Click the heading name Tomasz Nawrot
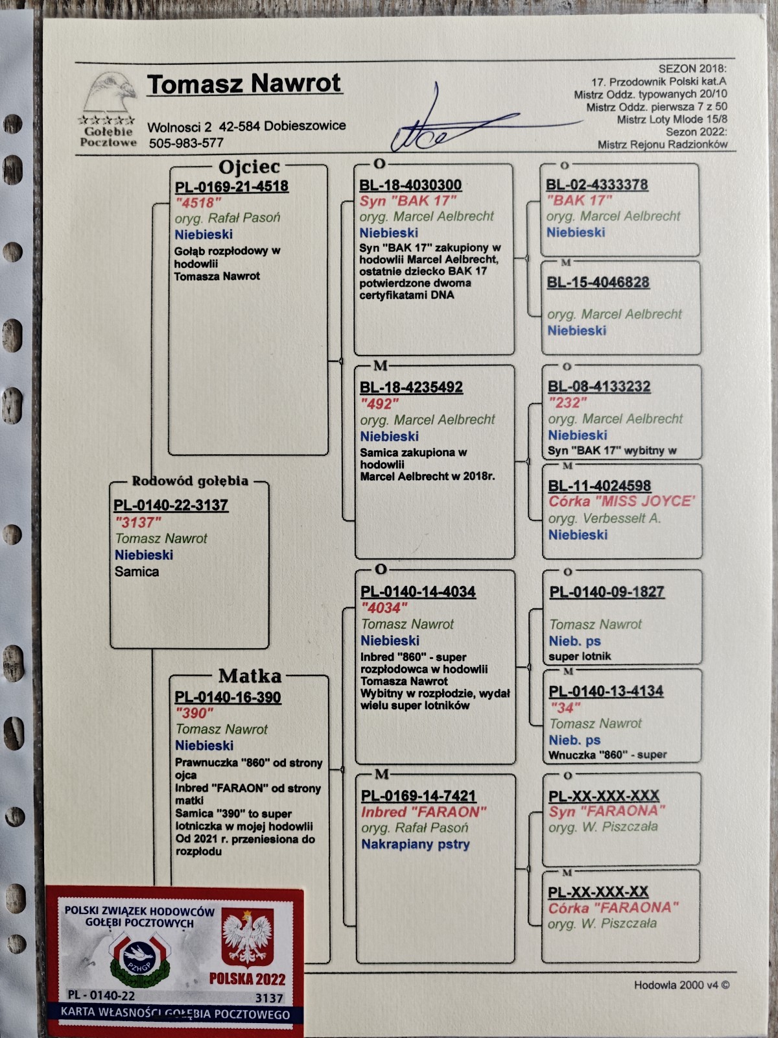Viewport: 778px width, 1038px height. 244,84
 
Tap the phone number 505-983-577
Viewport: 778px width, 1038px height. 186,143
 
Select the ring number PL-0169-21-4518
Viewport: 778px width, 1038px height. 231,186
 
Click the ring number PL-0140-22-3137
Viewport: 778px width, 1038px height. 171,505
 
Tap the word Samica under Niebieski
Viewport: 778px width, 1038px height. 137,572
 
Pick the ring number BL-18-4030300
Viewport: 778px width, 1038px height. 410,185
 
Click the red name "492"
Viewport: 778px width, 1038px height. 379,404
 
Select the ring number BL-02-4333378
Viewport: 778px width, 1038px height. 597,184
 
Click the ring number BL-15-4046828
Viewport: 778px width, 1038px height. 598,282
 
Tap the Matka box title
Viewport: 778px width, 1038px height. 250,676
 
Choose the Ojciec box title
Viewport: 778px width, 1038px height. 249,167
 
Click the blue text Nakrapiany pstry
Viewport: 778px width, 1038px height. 416,845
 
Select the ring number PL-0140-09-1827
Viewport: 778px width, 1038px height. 607,592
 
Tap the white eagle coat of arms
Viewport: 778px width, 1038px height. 248,937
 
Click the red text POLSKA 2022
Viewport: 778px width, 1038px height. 248,978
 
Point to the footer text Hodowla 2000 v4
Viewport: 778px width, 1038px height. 681,985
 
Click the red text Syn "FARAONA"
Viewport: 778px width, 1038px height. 607,811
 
